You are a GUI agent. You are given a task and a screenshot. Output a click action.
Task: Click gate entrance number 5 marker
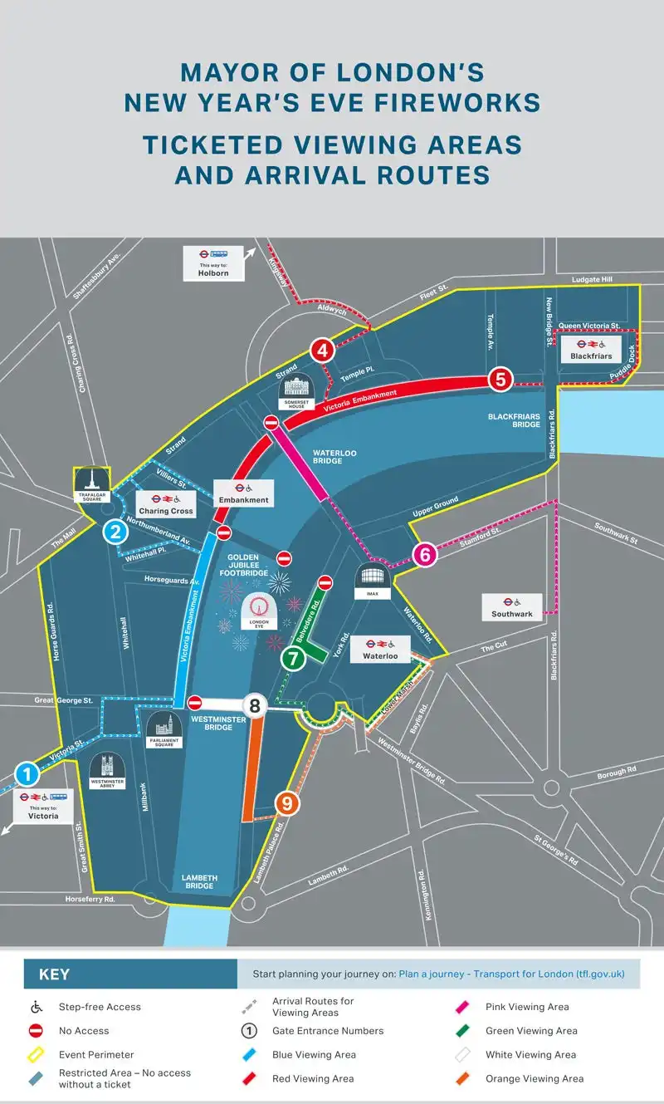[x=500, y=379]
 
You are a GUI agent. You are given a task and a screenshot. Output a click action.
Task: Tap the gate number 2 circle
[x=115, y=532]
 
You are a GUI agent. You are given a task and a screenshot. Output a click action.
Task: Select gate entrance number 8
[x=255, y=707]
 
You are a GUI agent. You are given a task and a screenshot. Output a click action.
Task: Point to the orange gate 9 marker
[x=286, y=803]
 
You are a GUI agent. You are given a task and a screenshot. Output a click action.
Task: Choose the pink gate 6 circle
[x=425, y=554]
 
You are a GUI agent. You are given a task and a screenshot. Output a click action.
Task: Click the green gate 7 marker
[x=292, y=660]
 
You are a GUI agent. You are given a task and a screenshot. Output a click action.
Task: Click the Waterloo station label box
[x=379, y=649]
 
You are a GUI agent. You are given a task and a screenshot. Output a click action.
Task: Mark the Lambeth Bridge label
[x=199, y=881]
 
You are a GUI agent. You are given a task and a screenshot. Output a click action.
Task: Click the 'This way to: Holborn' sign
[x=213, y=263]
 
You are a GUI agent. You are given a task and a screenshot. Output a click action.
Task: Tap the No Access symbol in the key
[x=37, y=1031]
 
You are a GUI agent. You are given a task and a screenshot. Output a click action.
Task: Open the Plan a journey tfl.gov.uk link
[x=511, y=974]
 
